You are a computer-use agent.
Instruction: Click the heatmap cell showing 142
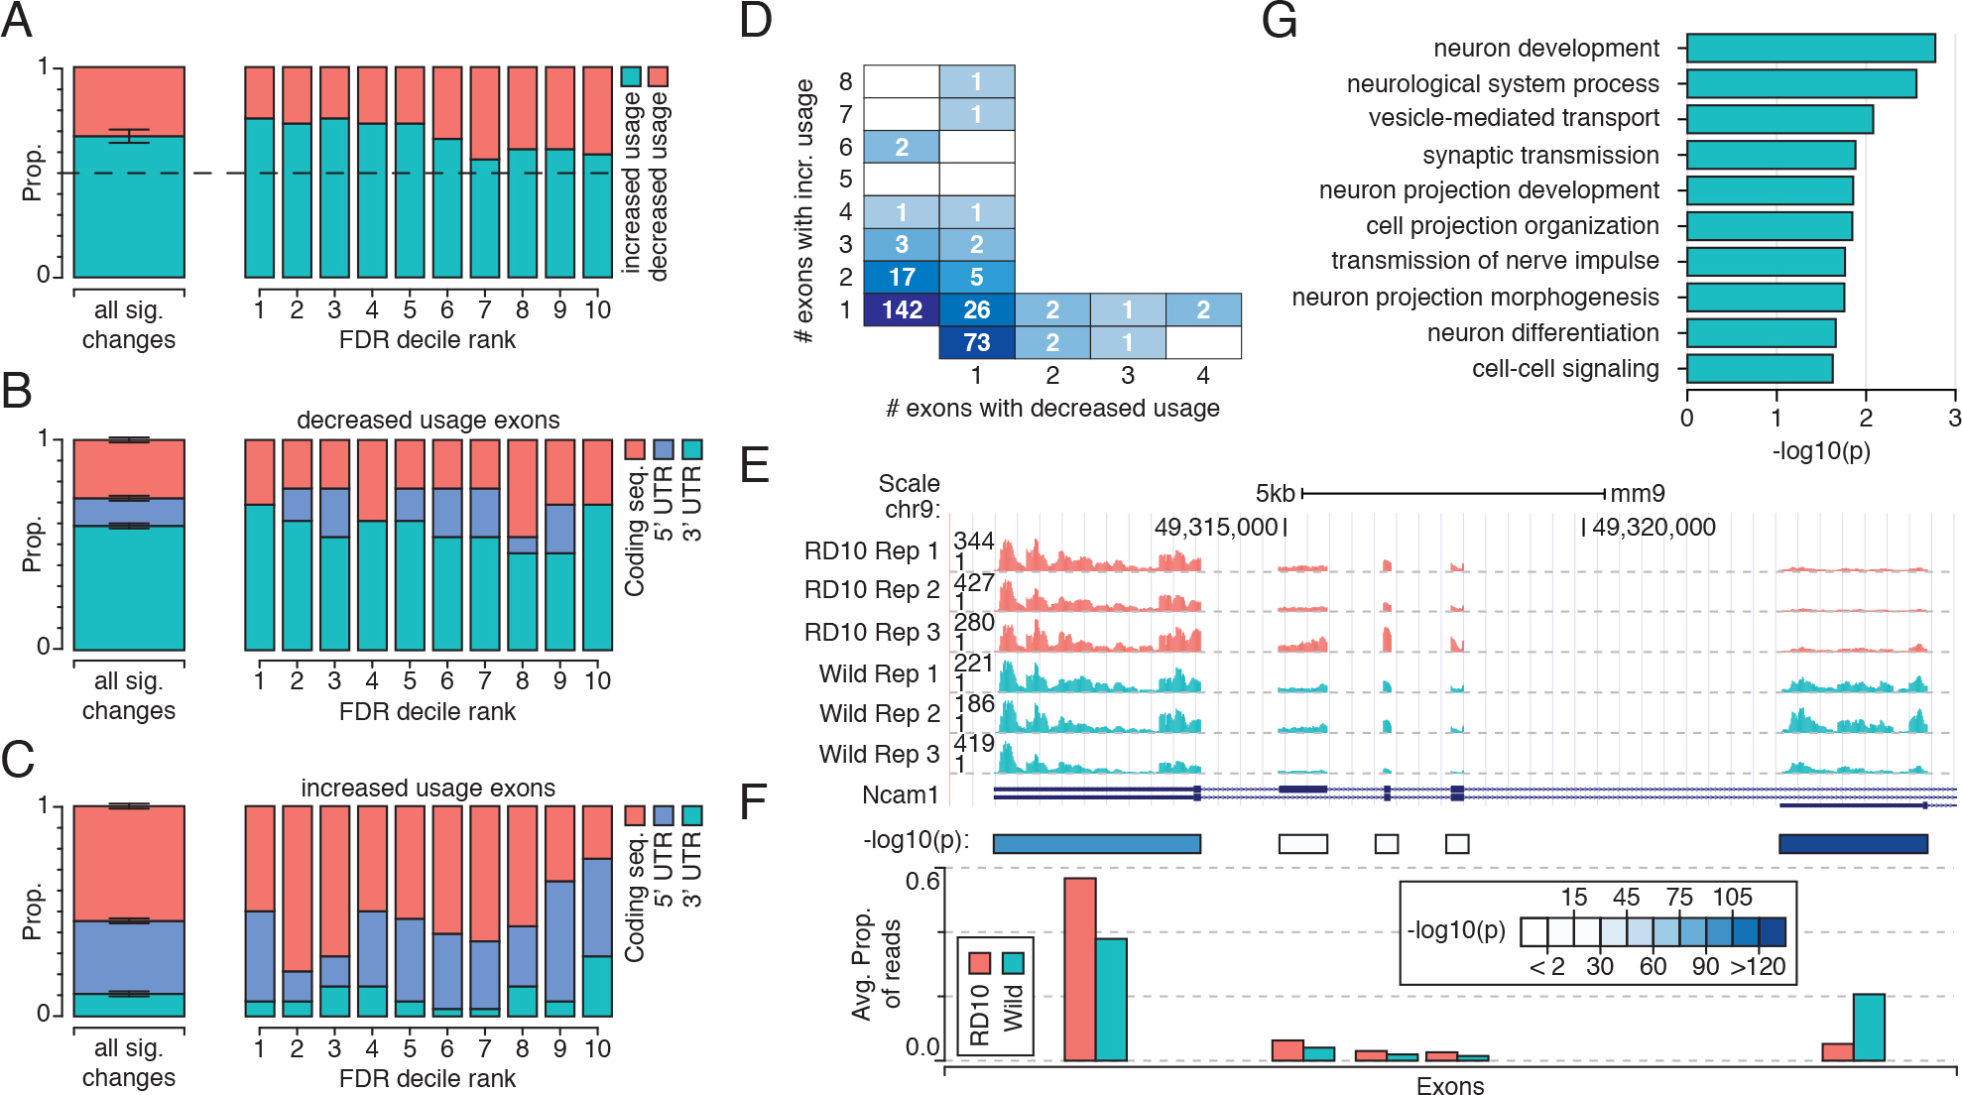(901, 309)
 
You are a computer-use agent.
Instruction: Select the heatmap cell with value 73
(976, 342)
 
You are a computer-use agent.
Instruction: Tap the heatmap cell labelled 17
(901, 277)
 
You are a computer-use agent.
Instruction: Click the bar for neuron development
(1810, 48)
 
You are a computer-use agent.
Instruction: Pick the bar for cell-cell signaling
(1759, 369)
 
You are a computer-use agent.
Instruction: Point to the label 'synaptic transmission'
(1539, 155)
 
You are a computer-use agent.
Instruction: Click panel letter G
(1279, 20)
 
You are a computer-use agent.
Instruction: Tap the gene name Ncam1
(900, 794)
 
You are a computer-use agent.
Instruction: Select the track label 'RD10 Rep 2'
(871, 589)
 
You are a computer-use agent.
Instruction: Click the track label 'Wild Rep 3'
(879, 754)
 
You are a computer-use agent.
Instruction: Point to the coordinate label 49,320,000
(1654, 527)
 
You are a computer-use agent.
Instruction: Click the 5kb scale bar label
(1275, 493)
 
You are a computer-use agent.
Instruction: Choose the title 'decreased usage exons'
(428, 420)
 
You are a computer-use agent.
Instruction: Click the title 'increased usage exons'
(428, 788)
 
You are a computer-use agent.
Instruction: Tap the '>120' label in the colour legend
(1758, 966)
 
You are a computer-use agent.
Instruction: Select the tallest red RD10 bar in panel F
(1079, 968)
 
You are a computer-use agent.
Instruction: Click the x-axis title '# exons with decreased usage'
(1051, 408)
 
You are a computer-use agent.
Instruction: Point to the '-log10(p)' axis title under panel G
(1820, 451)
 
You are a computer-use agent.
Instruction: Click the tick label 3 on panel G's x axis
(1954, 418)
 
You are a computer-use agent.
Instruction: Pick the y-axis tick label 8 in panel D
(845, 81)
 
